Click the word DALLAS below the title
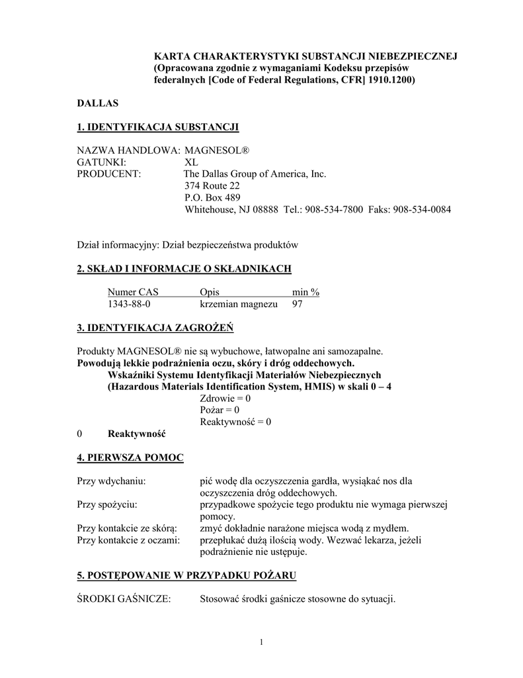point(97,103)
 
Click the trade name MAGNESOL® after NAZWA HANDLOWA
point(216,151)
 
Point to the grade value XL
point(191,162)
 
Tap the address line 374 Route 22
point(212,186)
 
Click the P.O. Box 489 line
point(212,198)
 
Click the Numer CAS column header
point(133,292)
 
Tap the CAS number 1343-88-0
point(129,304)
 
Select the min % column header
point(305,292)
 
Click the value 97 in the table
point(298,304)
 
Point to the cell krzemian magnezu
point(239,304)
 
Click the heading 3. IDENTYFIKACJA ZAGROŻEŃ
point(155,328)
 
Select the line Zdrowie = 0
point(225,399)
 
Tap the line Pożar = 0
point(220,411)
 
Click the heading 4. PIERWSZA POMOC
point(130,458)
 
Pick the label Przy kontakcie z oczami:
point(128,540)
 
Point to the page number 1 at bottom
point(262,642)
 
